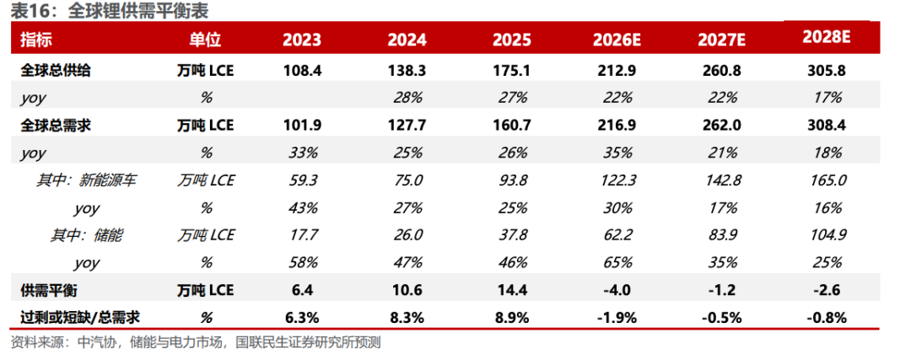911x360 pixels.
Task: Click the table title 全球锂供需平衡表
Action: click(x=139, y=10)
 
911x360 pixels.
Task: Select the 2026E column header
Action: click(x=617, y=40)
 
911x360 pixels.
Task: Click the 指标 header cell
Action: click(x=36, y=40)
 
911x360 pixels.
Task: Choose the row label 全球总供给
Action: click(x=56, y=70)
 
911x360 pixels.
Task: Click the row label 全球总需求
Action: click(x=56, y=126)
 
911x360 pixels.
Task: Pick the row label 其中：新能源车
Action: click(x=87, y=180)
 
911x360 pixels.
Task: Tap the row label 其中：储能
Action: click(x=87, y=235)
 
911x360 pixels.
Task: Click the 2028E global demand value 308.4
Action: click(x=827, y=126)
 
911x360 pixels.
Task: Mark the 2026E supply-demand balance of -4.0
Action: click(x=617, y=290)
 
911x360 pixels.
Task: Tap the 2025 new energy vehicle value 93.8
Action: click(x=512, y=180)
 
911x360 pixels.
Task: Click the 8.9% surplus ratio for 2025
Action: click(x=512, y=318)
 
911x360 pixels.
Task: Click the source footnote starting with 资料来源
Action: click(x=196, y=342)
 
